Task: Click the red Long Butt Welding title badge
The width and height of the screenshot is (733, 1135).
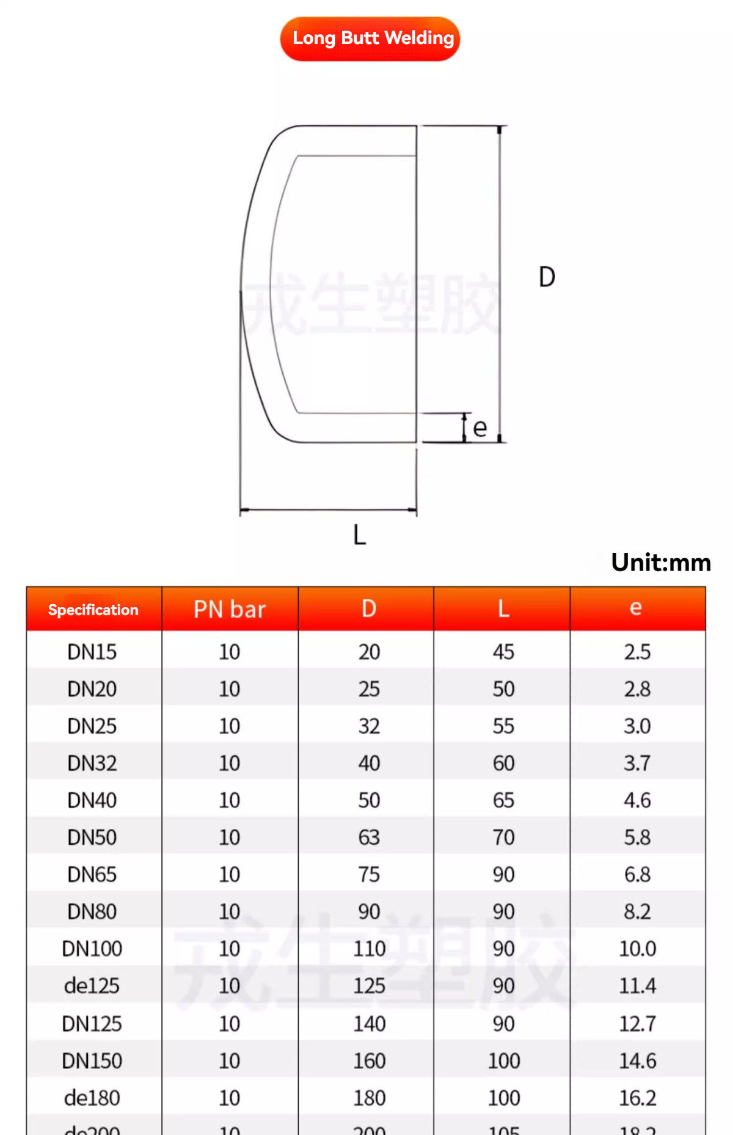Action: (370, 38)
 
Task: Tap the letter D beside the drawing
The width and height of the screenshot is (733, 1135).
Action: (547, 277)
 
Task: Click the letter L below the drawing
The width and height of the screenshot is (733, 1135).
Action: (359, 535)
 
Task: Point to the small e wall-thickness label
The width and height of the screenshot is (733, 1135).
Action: (480, 428)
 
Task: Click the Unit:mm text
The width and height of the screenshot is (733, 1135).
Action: (661, 563)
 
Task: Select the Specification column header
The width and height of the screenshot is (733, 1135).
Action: (93, 610)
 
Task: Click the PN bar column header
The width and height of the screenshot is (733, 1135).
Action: (230, 609)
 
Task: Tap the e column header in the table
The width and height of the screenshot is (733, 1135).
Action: (636, 608)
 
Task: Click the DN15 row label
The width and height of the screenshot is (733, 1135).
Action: (92, 652)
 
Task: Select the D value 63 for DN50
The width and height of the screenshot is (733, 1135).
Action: (369, 838)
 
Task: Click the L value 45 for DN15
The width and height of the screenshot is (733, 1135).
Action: (503, 652)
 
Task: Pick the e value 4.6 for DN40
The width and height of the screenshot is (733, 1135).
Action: (637, 800)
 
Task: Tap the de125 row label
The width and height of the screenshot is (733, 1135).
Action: (92, 986)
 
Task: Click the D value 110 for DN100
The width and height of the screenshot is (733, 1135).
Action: (369, 949)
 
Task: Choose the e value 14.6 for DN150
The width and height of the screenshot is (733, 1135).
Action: (637, 1061)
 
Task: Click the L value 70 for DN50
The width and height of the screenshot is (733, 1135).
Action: (503, 838)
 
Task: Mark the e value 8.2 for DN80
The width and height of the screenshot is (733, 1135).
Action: (637, 911)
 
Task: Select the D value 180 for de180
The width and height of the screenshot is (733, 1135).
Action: (369, 1098)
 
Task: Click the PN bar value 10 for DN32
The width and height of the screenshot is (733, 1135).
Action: (230, 763)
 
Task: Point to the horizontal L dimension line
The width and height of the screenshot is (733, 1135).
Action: (328, 509)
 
